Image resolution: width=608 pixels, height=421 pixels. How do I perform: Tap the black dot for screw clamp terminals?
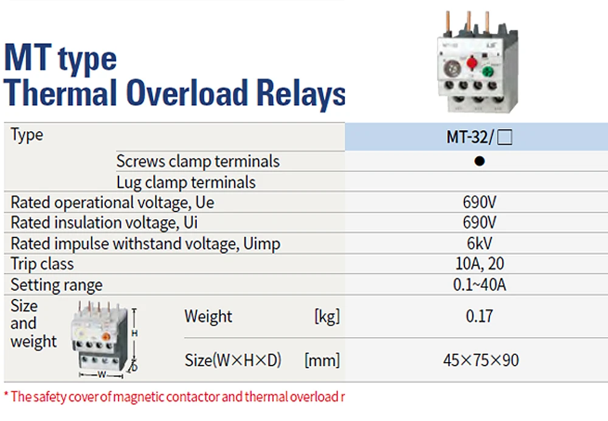(x=479, y=162)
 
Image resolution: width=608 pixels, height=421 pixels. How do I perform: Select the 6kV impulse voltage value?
(x=480, y=244)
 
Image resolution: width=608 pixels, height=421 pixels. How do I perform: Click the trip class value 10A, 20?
(x=480, y=264)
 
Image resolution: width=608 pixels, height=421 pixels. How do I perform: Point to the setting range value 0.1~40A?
(x=480, y=284)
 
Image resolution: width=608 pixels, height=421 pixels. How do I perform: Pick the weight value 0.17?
(x=479, y=316)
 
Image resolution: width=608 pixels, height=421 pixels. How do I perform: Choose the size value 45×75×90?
(x=480, y=360)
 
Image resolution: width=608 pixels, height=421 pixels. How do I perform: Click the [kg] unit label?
(x=326, y=316)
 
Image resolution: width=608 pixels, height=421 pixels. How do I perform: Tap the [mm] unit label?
(x=322, y=360)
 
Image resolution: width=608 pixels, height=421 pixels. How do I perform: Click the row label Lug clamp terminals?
(x=186, y=182)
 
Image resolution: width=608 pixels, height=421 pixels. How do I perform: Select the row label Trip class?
(x=42, y=264)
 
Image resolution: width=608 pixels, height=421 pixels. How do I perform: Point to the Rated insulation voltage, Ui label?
(x=105, y=223)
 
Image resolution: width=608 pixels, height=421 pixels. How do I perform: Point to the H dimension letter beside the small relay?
(x=135, y=333)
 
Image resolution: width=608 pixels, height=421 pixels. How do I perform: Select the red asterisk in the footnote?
(x=7, y=395)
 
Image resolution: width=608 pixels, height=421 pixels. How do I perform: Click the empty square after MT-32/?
(x=505, y=138)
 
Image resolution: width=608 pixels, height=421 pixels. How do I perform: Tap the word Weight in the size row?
(x=208, y=316)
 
